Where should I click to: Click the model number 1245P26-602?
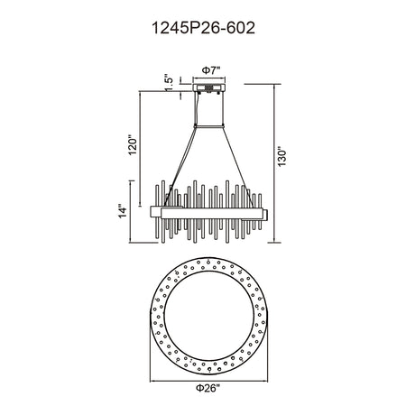point(204,28)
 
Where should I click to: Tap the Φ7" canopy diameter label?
point(211,70)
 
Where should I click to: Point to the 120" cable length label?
point(132,146)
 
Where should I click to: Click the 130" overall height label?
point(282,156)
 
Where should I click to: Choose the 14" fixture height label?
point(123,211)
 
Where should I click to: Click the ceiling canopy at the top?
point(209,88)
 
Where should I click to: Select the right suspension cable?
point(238,167)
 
